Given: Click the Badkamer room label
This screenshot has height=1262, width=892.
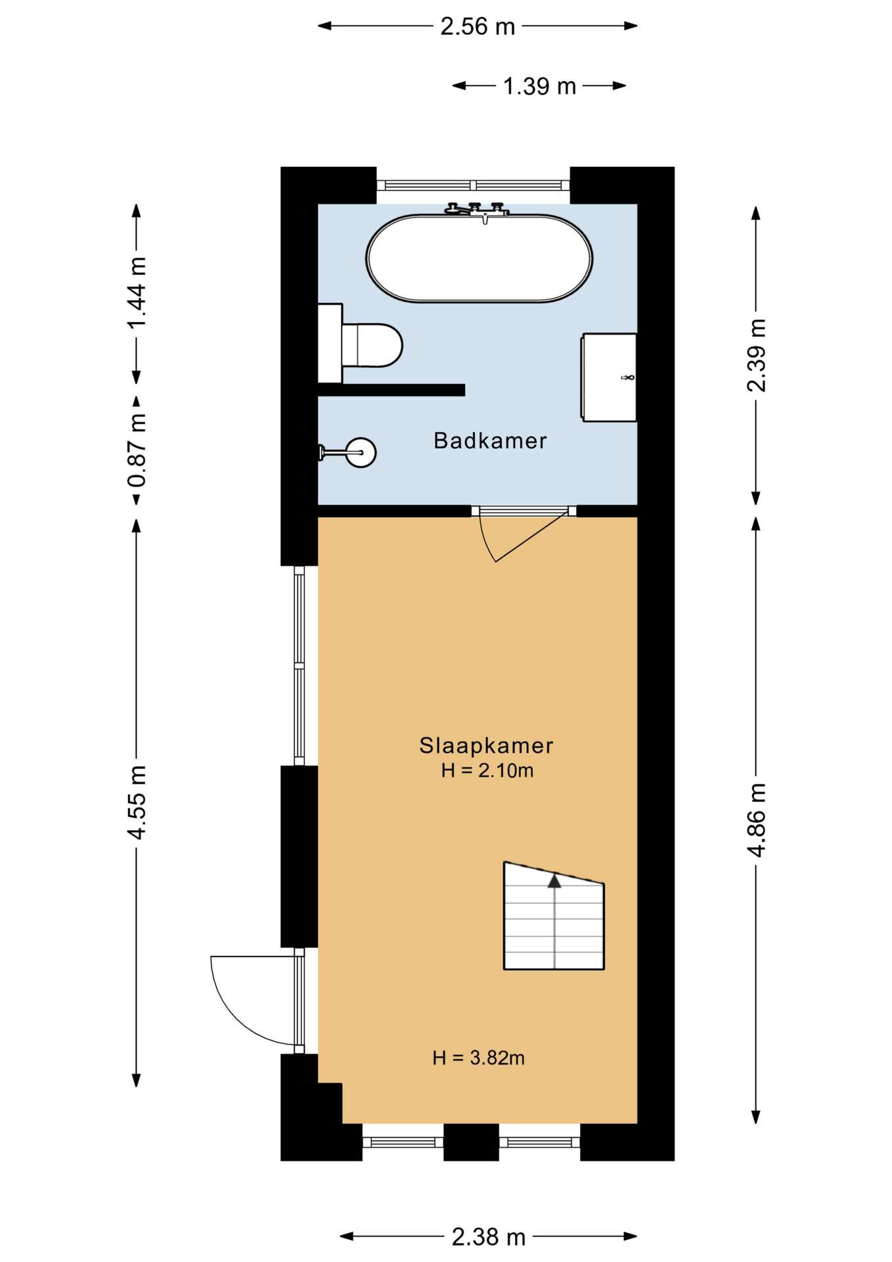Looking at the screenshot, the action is pyautogui.click(x=490, y=440).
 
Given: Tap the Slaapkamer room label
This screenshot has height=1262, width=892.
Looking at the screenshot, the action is pyautogui.click(x=486, y=745).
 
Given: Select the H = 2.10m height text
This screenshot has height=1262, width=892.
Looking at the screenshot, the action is pyautogui.click(x=487, y=770).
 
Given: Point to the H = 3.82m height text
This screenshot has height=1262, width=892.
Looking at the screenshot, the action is pyautogui.click(x=478, y=1058).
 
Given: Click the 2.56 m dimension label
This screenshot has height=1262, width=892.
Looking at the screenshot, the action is pyautogui.click(x=478, y=26).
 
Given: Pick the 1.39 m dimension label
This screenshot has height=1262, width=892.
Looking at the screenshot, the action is pyautogui.click(x=539, y=86).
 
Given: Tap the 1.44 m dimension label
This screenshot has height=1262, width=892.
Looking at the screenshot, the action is pyautogui.click(x=137, y=293).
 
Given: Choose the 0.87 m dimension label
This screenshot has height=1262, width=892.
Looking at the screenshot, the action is pyautogui.click(x=137, y=451).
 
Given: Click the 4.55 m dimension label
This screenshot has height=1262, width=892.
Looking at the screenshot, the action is pyautogui.click(x=137, y=803).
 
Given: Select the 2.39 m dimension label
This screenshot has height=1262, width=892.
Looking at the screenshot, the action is pyautogui.click(x=757, y=356).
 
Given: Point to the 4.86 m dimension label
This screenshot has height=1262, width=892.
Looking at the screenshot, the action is pyautogui.click(x=757, y=820).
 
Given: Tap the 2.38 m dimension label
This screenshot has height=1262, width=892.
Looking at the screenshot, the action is pyautogui.click(x=488, y=1238).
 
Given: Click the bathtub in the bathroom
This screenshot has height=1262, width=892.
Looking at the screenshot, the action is pyautogui.click(x=479, y=258).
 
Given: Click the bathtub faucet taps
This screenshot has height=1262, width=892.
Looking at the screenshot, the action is pyautogui.click(x=478, y=210).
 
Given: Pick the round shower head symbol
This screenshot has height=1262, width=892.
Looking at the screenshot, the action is pyautogui.click(x=361, y=452).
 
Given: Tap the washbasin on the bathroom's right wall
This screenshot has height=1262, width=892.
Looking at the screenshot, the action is pyautogui.click(x=609, y=377).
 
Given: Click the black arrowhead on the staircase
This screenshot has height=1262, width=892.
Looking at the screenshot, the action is pyautogui.click(x=554, y=881).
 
